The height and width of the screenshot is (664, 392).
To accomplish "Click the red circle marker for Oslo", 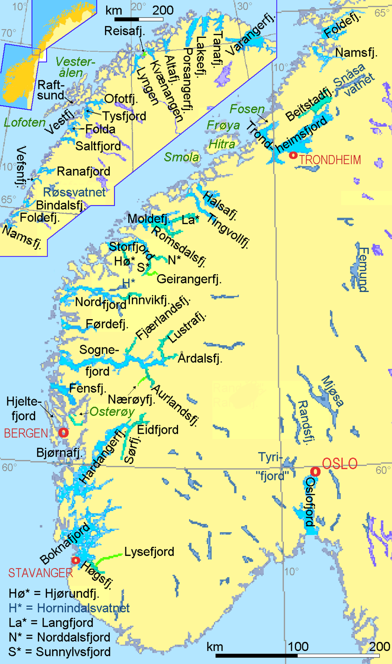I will coord(315,472).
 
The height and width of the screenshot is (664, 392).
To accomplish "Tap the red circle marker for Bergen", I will coord(63,432).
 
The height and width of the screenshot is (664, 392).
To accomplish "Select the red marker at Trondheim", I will coord(293,155).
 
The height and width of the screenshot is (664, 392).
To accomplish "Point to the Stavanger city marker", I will coord(76,560).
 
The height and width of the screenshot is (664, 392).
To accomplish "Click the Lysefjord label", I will coord(149,552).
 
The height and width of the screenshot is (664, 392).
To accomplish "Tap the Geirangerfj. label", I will coord(189,279).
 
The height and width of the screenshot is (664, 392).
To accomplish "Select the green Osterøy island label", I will coord(112,411).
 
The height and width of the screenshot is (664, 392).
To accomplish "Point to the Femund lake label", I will coord(363,269).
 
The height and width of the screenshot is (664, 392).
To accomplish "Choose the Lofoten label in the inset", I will coord(24,122).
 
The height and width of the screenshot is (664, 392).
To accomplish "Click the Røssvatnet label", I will coord(74,192).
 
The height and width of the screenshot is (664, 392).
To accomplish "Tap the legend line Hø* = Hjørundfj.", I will coord(54,593).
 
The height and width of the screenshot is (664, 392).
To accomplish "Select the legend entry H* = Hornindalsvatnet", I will coord(69,608).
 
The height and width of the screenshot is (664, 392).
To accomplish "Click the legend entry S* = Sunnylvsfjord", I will coord(59,652).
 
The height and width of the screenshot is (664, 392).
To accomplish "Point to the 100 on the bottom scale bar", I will coord(298,646).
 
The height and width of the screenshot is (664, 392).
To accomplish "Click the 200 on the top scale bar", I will coord(163,11).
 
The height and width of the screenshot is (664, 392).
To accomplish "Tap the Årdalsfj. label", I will coord(200,358).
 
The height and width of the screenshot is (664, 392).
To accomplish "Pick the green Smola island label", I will coord(181,157).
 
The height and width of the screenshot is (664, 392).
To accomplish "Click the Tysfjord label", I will coord(124,116).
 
